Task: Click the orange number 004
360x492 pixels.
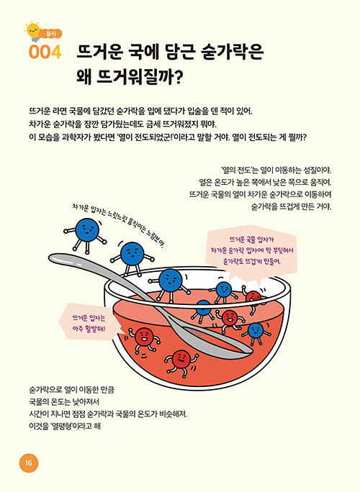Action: tap(45, 52)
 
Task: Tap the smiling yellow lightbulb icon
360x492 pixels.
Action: tap(32, 31)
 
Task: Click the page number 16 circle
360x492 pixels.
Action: tap(29, 463)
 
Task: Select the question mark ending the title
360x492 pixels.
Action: tap(178, 76)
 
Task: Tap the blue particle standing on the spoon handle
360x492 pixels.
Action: tap(132, 256)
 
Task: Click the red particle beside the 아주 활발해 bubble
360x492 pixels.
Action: tap(143, 339)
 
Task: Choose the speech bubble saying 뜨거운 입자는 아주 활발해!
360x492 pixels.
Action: tap(89, 323)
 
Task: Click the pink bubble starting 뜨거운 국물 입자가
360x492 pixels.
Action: tap(251, 250)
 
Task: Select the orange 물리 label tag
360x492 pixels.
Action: tap(50, 34)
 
